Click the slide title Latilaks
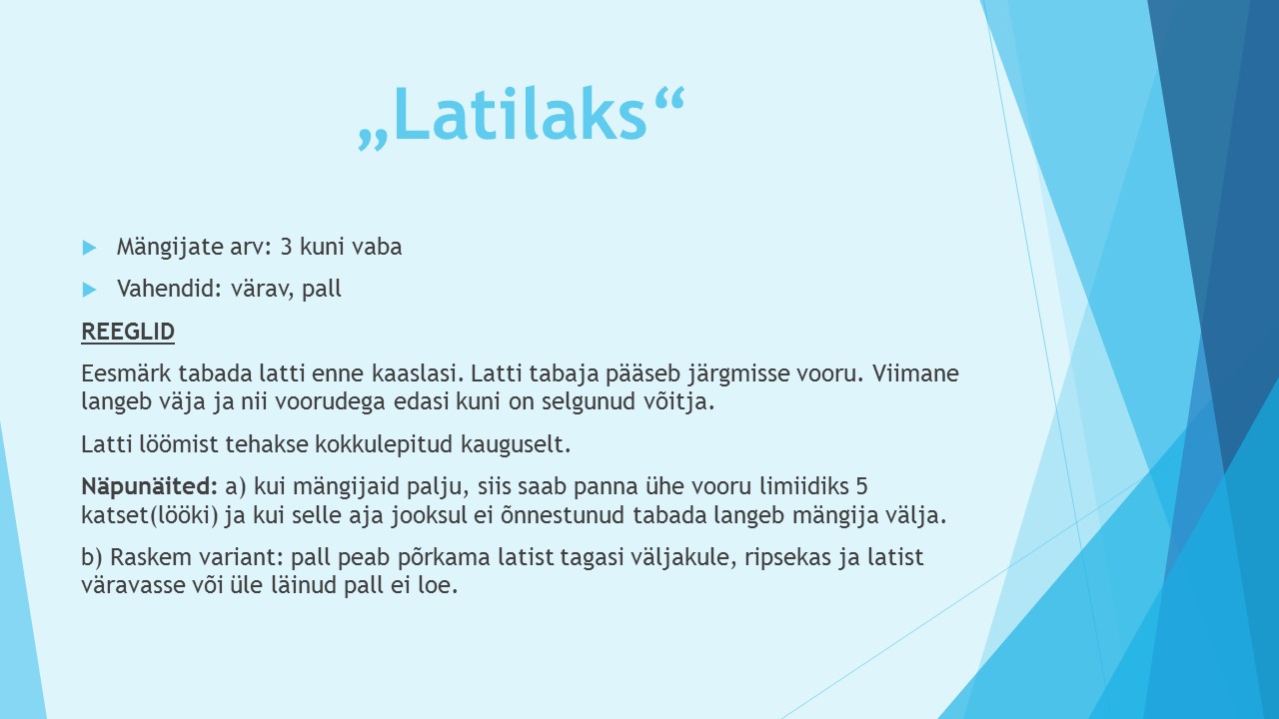point(521,116)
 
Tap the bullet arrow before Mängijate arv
point(90,248)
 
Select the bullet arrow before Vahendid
point(90,290)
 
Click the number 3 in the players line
point(286,247)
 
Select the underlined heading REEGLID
point(128,332)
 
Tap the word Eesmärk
point(126,373)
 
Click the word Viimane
point(915,373)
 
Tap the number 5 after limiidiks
point(861,486)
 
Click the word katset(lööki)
point(150,515)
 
